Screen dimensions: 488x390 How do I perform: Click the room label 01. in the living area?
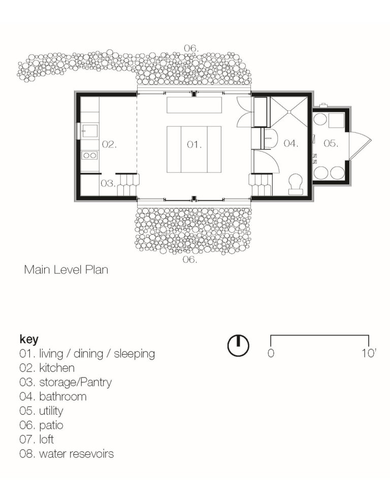point(194,144)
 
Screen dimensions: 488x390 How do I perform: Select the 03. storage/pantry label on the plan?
point(107,184)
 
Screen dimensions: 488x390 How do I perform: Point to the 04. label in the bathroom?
point(290,144)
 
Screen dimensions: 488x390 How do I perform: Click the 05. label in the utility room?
point(331,144)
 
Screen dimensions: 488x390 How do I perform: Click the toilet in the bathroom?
point(295,185)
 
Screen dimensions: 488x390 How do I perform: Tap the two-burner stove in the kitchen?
point(89,156)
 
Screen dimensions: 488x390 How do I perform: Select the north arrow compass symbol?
point(238,346)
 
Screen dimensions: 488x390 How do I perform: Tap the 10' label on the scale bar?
point(369,353)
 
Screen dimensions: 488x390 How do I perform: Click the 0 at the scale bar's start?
point(271,353)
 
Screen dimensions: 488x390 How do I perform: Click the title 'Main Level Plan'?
point(66,270)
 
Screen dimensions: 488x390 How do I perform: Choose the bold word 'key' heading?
point(29,339)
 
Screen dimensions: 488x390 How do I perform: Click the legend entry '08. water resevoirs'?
point(67,453)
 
